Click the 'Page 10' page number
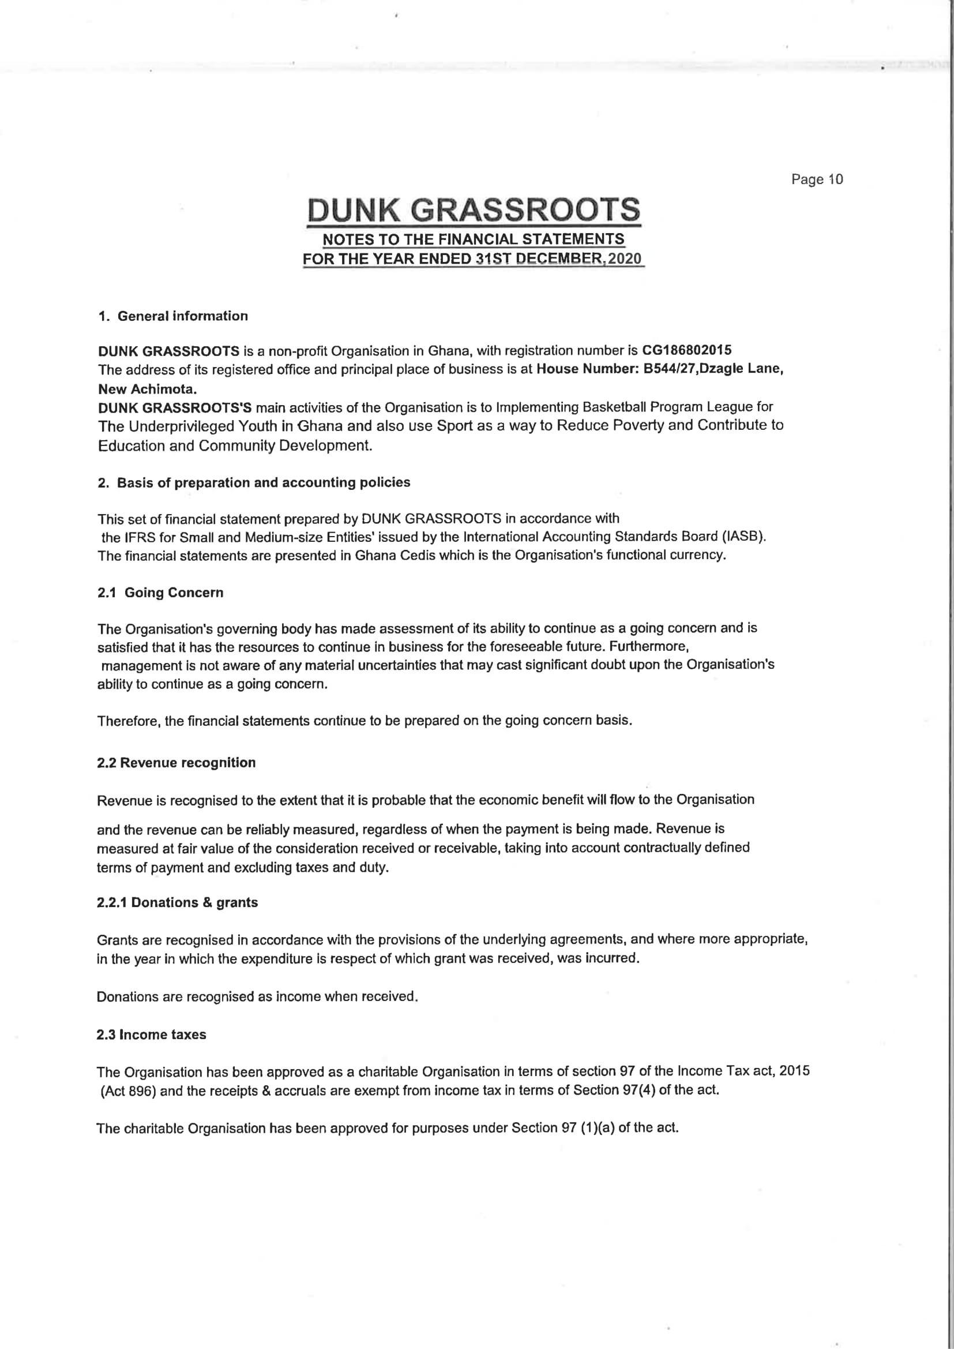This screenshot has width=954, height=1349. (817, 179)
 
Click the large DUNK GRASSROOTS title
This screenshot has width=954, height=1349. (474, 210)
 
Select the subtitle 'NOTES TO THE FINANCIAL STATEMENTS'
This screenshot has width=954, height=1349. (474, 239)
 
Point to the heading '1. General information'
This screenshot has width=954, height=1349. (172, 316)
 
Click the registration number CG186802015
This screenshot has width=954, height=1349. (687, 350)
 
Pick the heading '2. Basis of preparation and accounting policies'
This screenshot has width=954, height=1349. (254, 482)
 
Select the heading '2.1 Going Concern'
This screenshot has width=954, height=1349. (160, 592)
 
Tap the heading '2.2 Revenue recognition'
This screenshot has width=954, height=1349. (176, 763)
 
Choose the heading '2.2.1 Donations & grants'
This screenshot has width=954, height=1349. (178, 902)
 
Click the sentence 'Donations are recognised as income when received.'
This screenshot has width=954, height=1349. (257, 996)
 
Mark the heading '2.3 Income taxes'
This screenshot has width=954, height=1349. (152, 1035)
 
